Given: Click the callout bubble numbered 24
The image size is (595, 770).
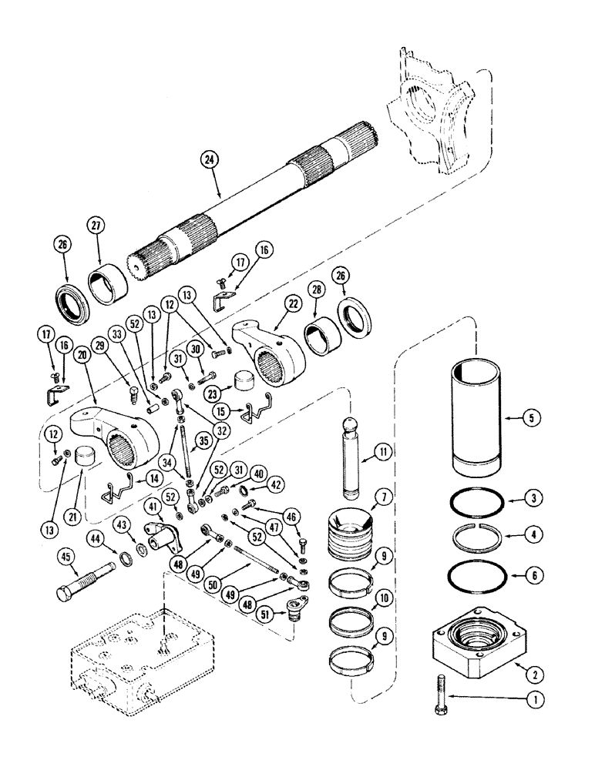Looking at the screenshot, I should [x=207, y=159].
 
